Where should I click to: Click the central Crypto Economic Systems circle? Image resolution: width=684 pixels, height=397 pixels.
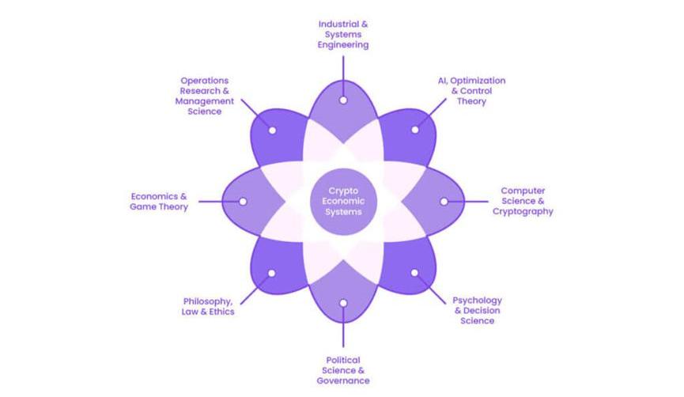click(x=344, y=202)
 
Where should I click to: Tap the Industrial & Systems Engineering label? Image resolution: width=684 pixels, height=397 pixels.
click(x=343, y=35)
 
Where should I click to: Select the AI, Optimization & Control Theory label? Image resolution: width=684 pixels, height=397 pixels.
click(x=471, y=91)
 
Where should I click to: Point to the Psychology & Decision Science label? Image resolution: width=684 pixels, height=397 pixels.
click(x=477, y=310)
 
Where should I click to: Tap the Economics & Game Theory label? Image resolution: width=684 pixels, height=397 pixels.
click(x=159, y=202)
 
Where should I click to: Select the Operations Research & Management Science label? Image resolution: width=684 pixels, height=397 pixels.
click(x=204, y=96)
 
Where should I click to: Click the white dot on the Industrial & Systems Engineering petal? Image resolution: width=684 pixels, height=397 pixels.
click(x=343, y=100)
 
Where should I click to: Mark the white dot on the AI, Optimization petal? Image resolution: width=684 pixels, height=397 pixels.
click(x=415, y=130)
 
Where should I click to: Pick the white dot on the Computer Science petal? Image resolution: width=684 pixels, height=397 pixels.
click(x=444, y=202)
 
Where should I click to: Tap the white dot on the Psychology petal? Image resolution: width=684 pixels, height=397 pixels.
click(x=415, y=273)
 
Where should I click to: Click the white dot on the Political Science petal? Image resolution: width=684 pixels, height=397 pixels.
click(x=343, y=303)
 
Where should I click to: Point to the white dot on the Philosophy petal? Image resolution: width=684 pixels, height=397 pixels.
click(x=271, y=273)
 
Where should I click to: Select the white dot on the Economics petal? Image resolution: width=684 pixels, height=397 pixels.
click(x=243, y=202)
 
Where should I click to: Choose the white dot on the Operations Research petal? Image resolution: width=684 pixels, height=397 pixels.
click(x=271, y=130)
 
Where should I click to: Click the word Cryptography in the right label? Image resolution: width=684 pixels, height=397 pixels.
click(x=523, y=212)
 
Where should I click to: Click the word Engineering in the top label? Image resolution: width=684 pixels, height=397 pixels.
click(x=343, y=45)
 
